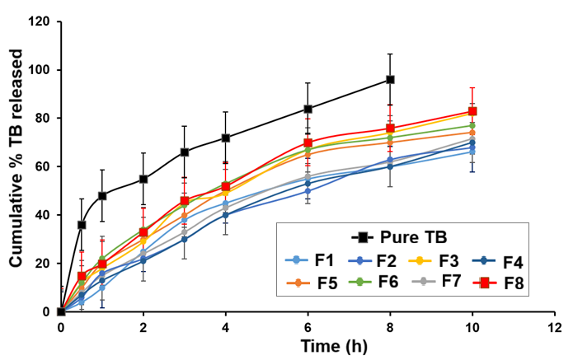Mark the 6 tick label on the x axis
point(308,326)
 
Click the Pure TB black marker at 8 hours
point(390,80)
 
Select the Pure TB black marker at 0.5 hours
point(82,224)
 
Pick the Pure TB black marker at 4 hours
point(225,138)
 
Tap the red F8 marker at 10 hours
point(472,111)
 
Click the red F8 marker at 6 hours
point(308,143)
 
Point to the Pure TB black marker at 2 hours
point(143,179)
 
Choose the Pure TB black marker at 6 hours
point(308,109)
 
